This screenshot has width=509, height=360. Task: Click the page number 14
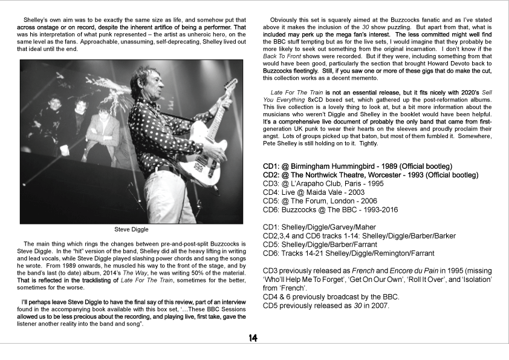(253, 338)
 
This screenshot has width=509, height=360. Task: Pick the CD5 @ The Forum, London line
(327, 200)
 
